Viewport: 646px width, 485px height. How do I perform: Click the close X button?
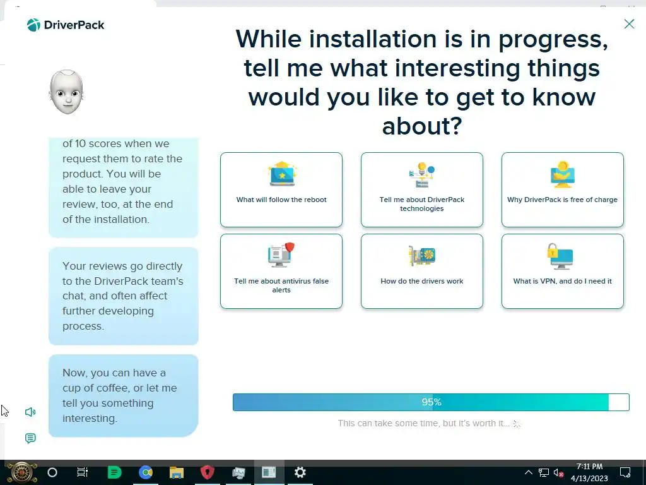click(629, 24)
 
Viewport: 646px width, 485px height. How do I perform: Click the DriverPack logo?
click(66, 25)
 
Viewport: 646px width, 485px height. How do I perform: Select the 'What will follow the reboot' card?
click(281, 189)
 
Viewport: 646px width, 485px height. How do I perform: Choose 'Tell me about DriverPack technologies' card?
click(422, 189)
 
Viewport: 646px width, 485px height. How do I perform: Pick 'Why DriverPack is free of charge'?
click(562, 189)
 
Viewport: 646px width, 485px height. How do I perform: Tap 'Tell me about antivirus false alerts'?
click(281, 272)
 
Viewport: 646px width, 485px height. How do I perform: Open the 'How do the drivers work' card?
click(422, 272)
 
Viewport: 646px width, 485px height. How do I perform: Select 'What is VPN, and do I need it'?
click(562, 272)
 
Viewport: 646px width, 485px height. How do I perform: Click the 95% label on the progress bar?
click(432, 402)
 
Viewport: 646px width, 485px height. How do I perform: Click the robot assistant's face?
click(66, 92)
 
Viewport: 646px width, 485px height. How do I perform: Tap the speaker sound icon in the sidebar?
click(30, 412)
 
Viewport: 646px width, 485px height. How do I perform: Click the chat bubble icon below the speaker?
click(30, 438)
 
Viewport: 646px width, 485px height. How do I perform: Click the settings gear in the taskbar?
click(300, 472)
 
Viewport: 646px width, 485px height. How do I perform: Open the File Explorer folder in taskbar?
click(177, 472)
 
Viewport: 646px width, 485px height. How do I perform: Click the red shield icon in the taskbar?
click(207, 472)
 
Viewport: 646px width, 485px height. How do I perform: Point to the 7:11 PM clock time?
click(589, 467)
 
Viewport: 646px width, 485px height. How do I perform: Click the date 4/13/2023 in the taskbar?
click(589, 479)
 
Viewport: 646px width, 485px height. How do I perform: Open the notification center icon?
click(625, 472)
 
